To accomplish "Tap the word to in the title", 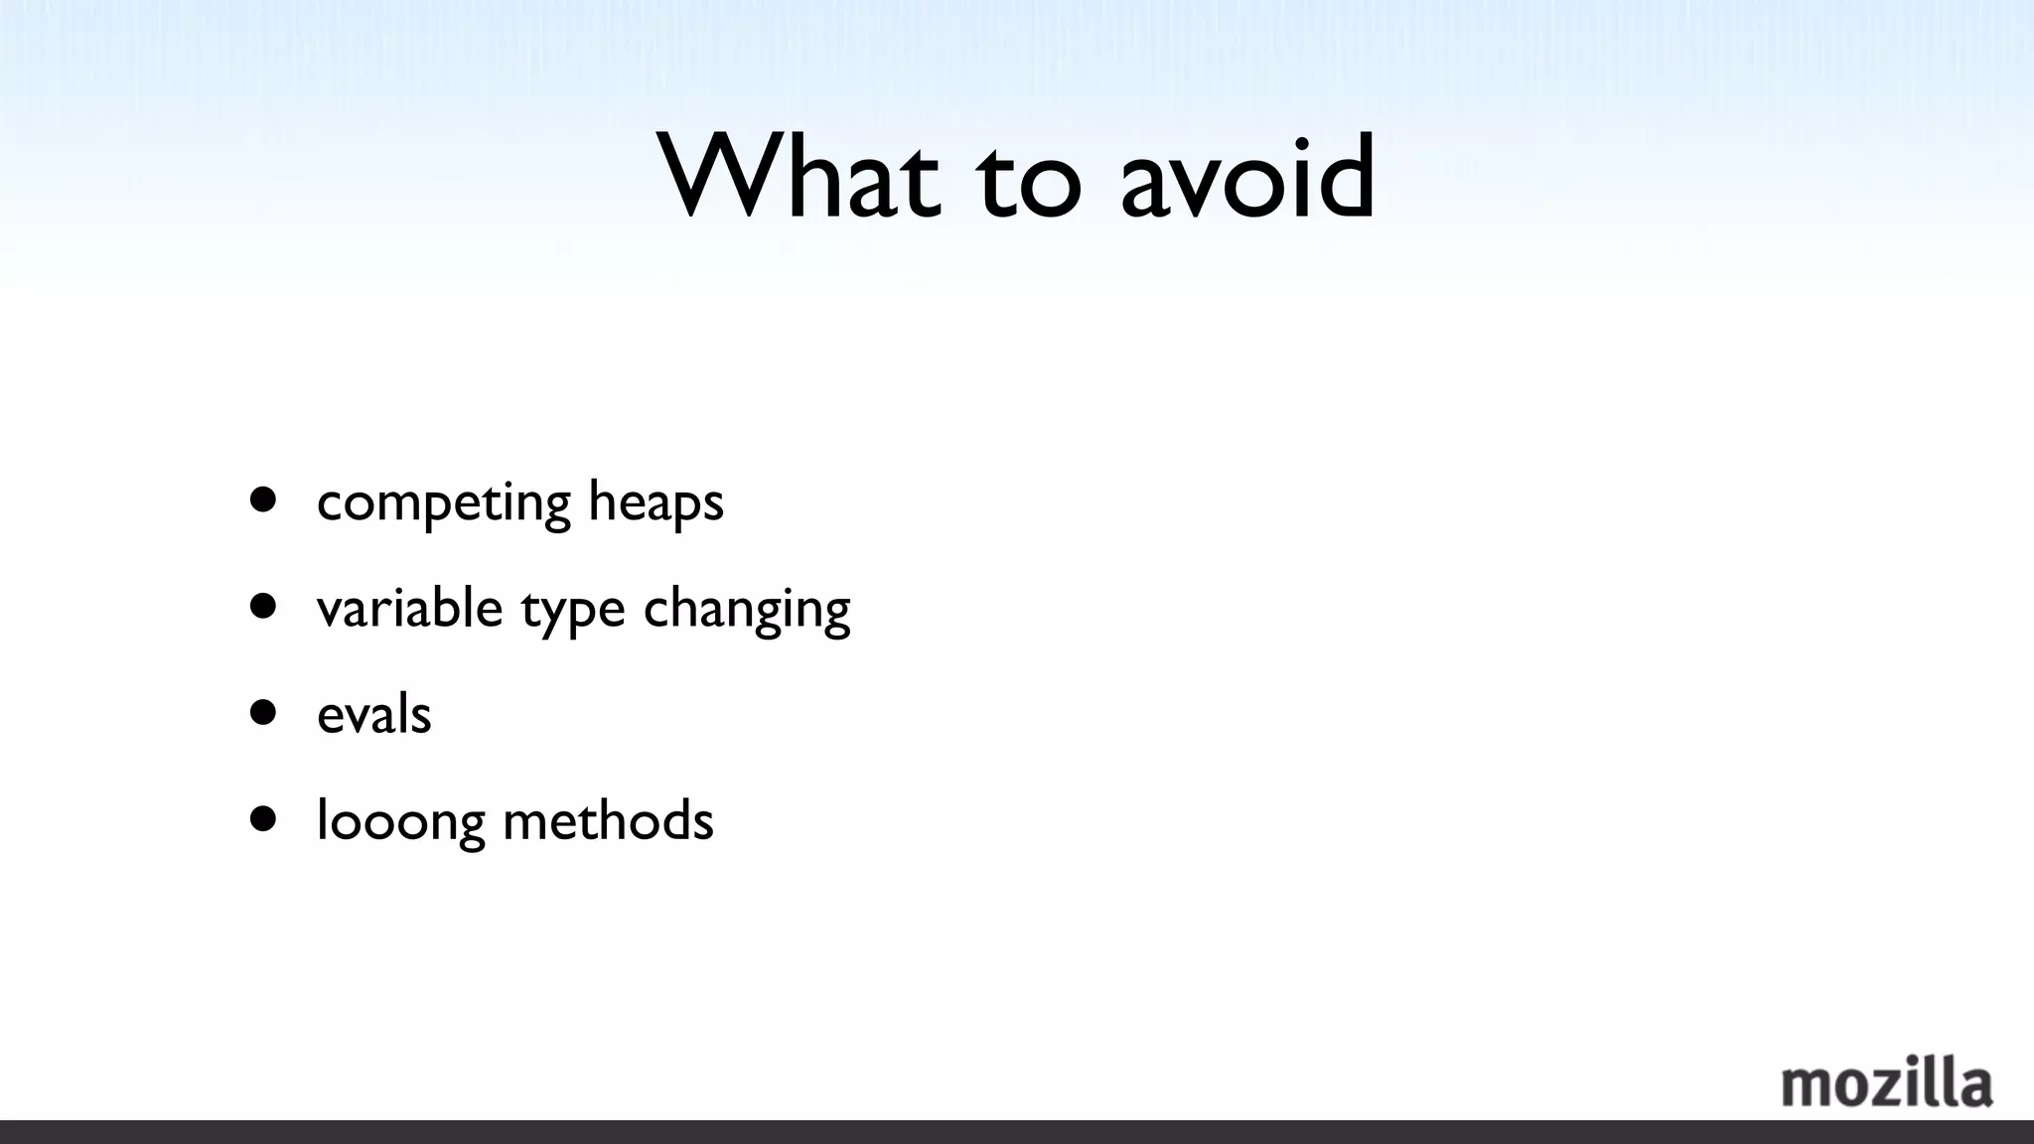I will (1029, 184).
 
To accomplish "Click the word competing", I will (444, 502).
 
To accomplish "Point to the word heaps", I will (655, 502).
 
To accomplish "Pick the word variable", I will (409, 608).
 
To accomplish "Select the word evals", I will (374, 714).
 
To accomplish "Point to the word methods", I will (608, 820).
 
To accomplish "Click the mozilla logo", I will (1886, 1083).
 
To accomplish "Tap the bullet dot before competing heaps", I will (263, 500).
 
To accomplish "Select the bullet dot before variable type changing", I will (263, 606).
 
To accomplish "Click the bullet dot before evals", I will (263, 712).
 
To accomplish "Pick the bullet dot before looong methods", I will (263, 818).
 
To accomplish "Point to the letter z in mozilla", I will (1895, 1088).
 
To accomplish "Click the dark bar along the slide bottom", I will (1017, 1132).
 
